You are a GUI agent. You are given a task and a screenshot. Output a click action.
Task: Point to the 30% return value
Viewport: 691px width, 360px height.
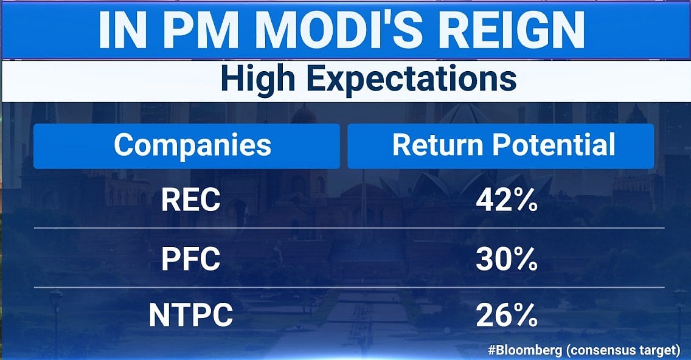tap(507, 260)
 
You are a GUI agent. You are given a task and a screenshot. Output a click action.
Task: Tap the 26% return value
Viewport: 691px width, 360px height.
tap(507, 316)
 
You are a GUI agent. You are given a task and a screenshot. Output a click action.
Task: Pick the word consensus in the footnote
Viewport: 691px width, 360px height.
tap(599, 350)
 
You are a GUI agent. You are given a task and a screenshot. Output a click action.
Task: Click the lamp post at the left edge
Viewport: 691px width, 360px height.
tap(56, 316)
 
